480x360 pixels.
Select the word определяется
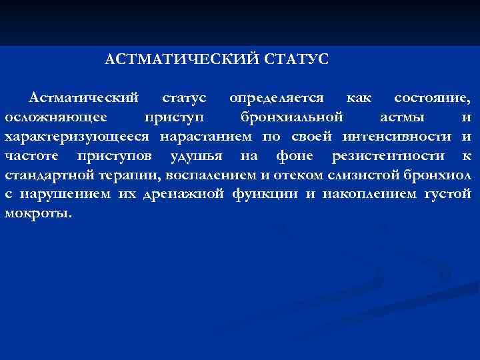pyautogui.click(x=277, y=98)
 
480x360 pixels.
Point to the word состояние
pyautogui.click(x=432, y=98)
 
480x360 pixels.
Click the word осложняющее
pyautogui.click(x=53, y=117)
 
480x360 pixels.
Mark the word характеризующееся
pyautogui.click(x=79, y=137)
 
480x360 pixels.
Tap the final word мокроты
pyautogui.click(x=37, y=214)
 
